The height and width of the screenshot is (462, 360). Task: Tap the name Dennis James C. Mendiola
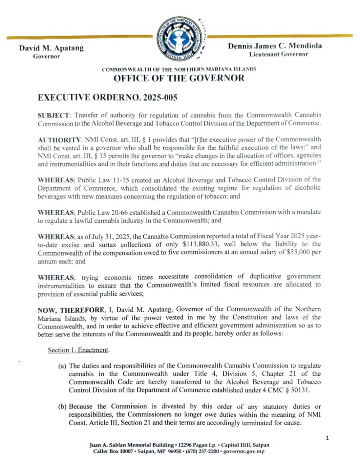click(x=275, y=46)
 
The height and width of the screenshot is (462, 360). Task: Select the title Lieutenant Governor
click(x=278, y=54)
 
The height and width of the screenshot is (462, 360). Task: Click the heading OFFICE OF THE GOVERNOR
click(x=179, y=78)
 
